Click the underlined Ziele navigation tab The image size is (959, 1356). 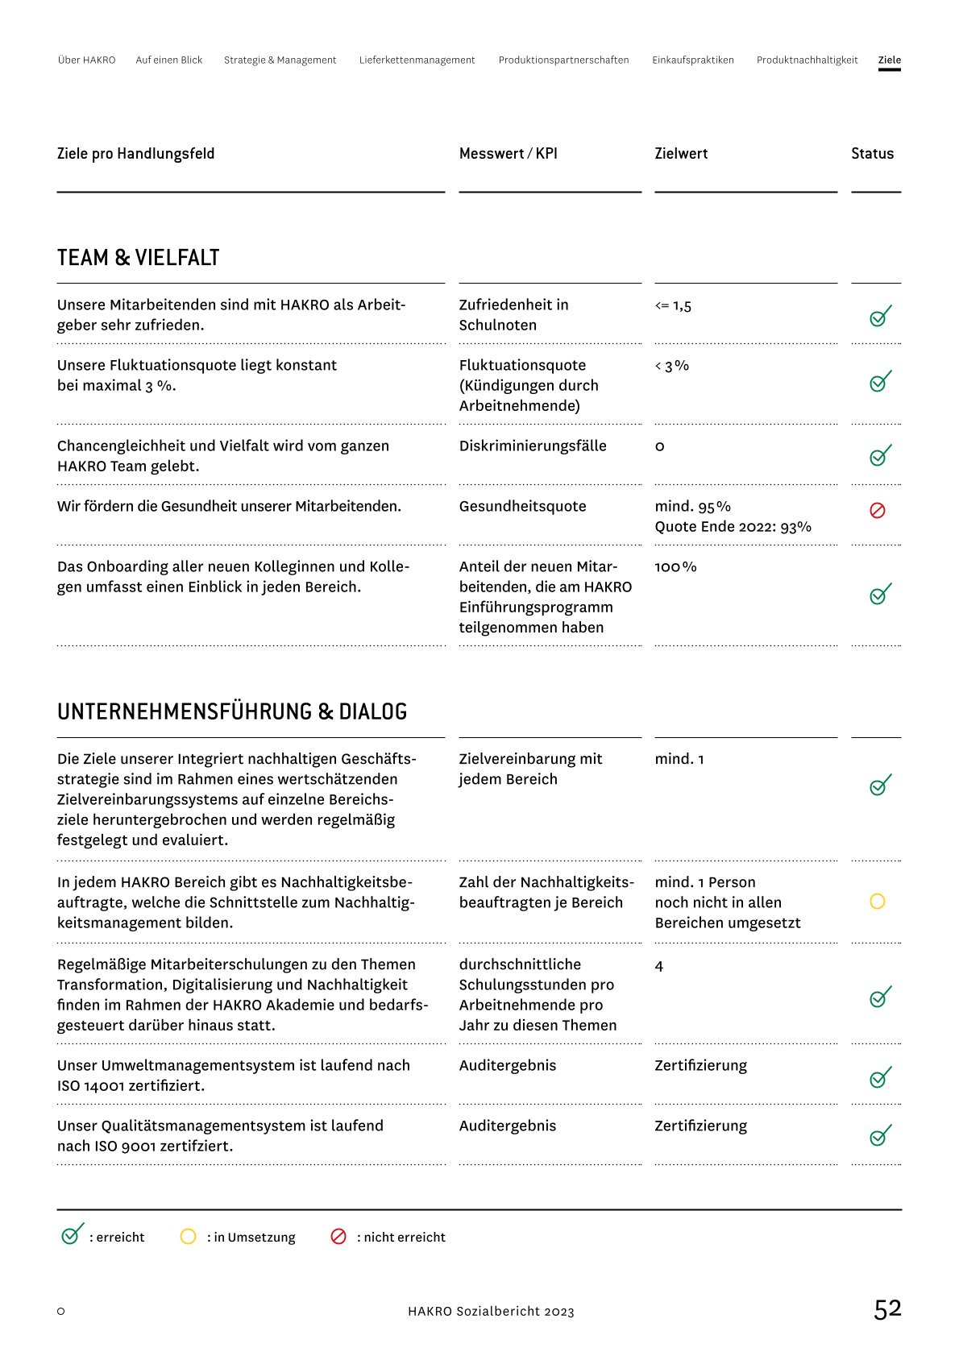[889, 60]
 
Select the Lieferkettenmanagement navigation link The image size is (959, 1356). [417, 60]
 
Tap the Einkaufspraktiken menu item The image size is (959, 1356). [692, 60]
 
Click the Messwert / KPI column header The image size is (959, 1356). [508, 154]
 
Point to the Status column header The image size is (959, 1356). [872, 154]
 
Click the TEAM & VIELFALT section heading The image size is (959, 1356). [138, 258]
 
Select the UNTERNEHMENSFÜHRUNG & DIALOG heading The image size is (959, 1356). [232, 712]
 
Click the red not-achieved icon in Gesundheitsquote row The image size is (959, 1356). [878, 511]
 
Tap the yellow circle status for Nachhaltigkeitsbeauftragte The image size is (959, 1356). [878, 902]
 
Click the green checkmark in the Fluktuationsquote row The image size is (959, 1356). [880, 381]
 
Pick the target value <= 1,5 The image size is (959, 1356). [673, 306]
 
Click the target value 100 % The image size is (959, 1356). [675, 567]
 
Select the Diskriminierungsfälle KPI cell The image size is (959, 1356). [533, 446]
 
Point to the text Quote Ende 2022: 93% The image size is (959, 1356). [733, 527]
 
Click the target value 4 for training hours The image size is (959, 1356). [659, 966]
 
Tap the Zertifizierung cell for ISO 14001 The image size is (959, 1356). [700, 1066]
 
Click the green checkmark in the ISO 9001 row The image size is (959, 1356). [880, 1136]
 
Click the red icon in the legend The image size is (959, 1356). [338, 1237]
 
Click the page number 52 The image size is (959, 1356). [887, 1309]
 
